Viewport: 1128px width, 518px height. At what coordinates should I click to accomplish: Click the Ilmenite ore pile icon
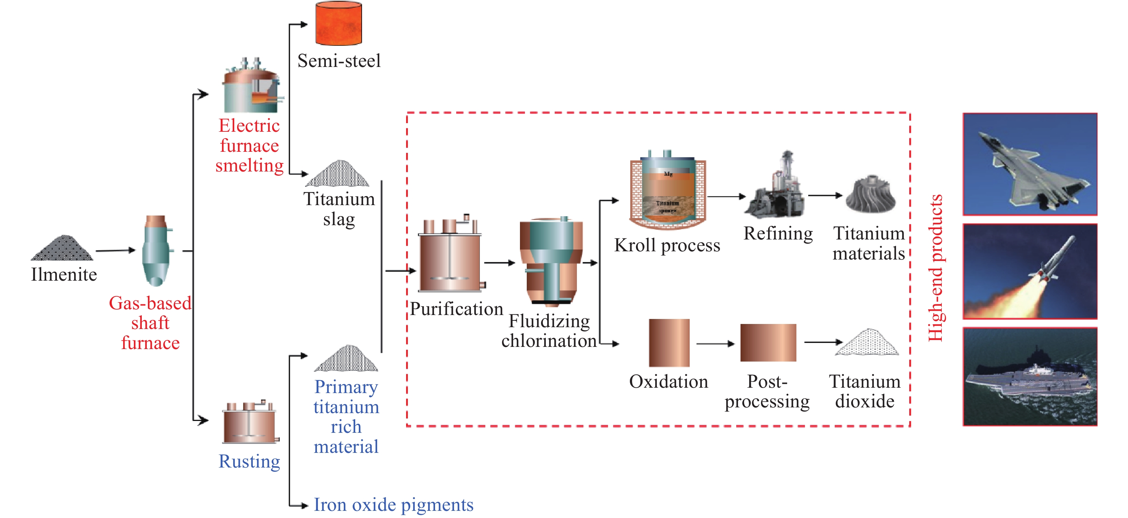62,249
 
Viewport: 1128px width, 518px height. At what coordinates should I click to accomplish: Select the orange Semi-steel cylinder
338,23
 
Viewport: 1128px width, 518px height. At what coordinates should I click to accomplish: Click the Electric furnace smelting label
249,146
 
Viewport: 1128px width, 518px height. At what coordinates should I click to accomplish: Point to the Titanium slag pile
338,174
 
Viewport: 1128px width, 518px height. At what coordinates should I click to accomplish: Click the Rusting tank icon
250,422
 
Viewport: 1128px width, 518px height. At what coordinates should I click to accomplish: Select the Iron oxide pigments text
393,505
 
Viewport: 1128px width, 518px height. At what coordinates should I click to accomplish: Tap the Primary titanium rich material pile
346,359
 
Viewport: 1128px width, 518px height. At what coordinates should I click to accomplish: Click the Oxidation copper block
669,343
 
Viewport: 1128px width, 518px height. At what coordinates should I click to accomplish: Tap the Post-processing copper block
768,343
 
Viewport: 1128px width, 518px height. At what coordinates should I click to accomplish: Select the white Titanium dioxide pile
867,343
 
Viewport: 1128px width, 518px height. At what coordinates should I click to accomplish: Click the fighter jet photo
1030,164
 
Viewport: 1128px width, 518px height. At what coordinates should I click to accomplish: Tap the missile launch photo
1030,271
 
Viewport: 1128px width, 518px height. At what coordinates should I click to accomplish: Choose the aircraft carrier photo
1030,377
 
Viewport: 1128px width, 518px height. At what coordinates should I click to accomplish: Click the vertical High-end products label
935,268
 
